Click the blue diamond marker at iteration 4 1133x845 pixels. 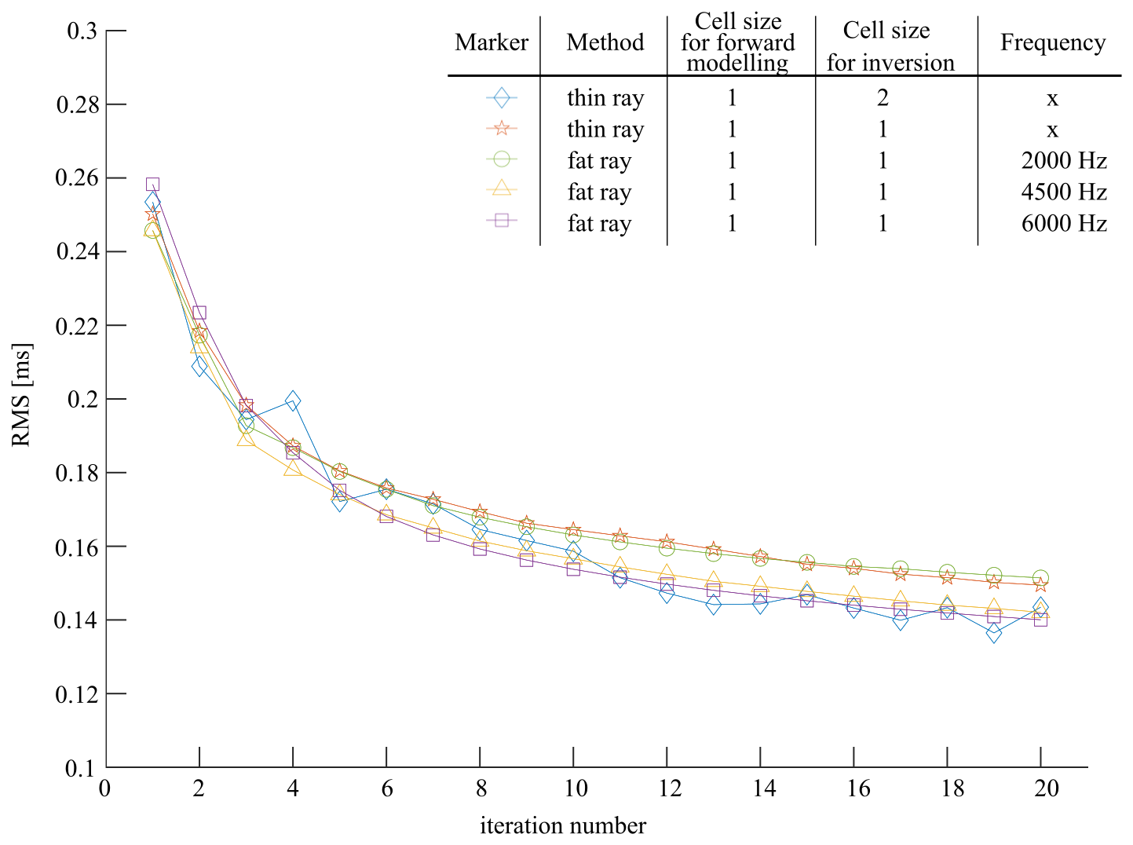(x=293, y=401)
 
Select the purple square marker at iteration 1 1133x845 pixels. (x=152, y=185)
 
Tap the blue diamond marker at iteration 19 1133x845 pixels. (x=994, y=633)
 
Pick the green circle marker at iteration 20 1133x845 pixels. (x=1040, y=578)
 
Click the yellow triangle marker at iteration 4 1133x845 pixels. (x=293, y=469)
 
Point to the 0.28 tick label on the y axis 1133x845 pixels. (x=78, y=104)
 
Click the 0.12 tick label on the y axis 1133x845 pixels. (x=78, y=694)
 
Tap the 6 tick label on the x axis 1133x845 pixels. (x=386, y=788)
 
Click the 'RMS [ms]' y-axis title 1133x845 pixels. (x=22, y=395)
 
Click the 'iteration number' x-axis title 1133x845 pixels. (x=563, y=826)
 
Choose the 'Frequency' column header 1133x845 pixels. (x=1052, y=42)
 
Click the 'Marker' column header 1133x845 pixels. (x=492, y=42)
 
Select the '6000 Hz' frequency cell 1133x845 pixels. (x=1064, y=224)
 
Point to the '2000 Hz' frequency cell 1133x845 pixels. (x=1064, y=161)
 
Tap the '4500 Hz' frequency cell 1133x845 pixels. (x=1064, y=192)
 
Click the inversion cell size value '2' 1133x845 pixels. (x=883, y=98)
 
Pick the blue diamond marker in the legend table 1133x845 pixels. (x=501, y=98)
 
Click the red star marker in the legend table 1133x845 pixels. (x=501, y=129)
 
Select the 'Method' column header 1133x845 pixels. (x=605, y=42)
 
